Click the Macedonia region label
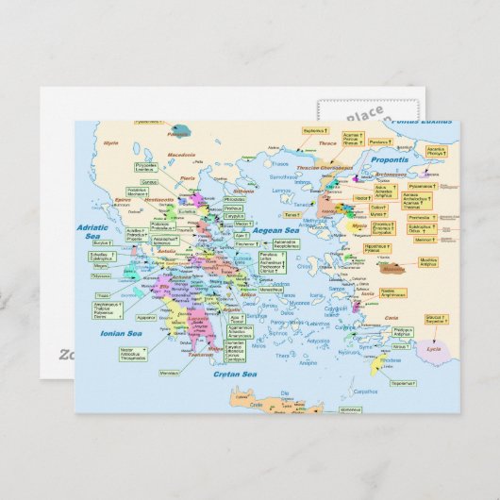[181, 154]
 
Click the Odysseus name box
[101, 275]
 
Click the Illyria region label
[111, 142]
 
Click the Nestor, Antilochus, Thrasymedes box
[133, 354]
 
